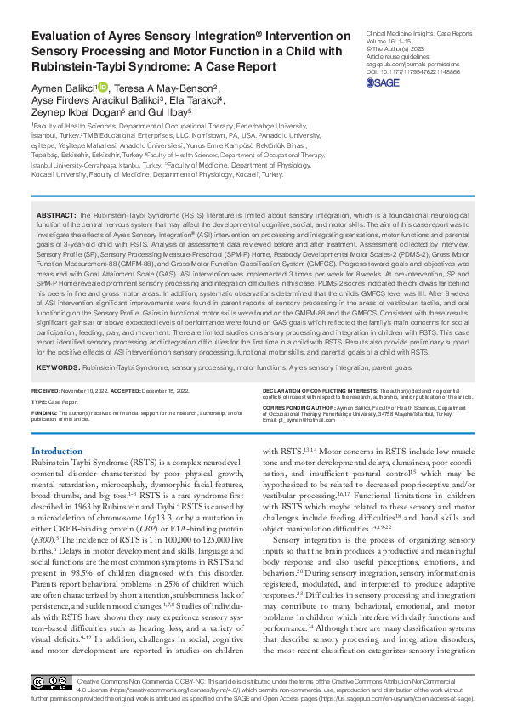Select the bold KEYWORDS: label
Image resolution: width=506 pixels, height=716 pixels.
tap(60, 367)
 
